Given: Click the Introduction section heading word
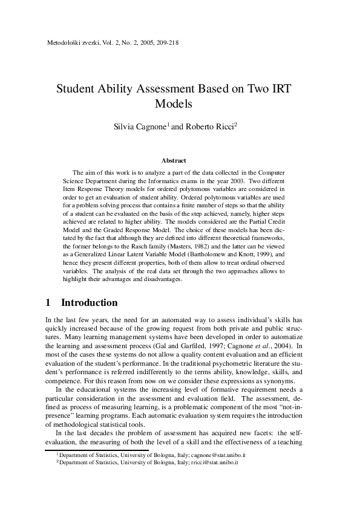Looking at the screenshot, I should point(90,302).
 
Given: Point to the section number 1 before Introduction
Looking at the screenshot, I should point(48,302).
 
